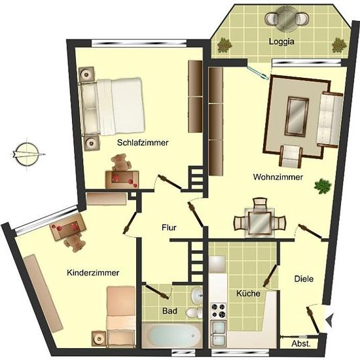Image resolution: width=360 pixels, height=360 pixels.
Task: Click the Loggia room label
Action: point(281,42)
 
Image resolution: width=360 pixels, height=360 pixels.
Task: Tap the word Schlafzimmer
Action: point(143,143)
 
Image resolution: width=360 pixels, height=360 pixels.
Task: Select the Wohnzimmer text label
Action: point(278,177)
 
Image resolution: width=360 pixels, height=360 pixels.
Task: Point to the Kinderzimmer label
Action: point(93,273)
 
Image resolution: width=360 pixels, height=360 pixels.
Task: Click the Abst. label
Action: point(301,344)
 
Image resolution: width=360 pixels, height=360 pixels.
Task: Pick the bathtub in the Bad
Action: point(171,335)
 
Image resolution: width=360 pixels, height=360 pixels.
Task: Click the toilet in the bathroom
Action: point(193,312)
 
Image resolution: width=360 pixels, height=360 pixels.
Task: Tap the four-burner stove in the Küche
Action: point(219,310)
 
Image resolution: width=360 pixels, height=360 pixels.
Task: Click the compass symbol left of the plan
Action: point(27,154)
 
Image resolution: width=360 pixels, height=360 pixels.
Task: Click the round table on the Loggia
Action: point(284,19)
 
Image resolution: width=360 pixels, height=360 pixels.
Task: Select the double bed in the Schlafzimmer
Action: point(112,107)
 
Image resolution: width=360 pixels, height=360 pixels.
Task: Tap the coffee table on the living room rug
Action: point(297,117)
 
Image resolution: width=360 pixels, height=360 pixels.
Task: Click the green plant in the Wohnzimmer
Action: point(323,185)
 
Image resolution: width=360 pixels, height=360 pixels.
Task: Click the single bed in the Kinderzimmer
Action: point(121,317)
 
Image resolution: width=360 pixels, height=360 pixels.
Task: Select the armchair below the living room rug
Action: point(291,156)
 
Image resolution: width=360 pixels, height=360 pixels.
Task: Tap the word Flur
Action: point(169,228)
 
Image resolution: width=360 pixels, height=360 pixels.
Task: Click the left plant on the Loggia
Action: point(224,45)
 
